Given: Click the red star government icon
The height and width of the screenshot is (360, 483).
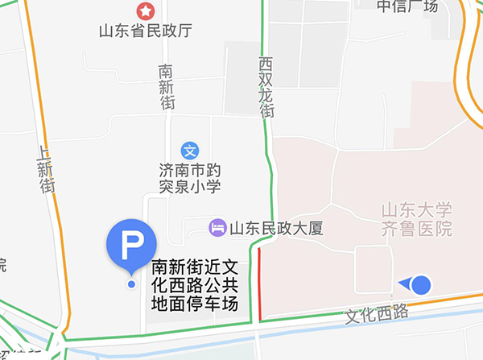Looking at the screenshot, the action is (146, 11).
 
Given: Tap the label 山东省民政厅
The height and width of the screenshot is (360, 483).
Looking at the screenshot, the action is (146, 32).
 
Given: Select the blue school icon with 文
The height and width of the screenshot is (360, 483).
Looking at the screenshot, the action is (190, 150).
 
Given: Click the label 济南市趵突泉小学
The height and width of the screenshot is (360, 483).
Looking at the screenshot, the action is (190, 179).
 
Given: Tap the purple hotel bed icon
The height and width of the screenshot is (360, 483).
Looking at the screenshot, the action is (217, 227).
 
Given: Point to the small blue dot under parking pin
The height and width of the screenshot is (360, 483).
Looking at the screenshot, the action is (131, 283).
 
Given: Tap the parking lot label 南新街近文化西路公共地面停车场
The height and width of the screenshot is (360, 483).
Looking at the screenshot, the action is (196, 285).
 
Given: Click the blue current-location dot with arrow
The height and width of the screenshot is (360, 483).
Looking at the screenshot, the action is (421, 283).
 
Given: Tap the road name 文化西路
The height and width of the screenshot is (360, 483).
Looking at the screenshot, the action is (376, 312).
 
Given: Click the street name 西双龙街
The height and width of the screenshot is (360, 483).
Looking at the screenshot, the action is (266, 87).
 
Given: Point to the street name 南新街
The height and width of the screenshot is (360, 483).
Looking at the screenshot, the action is (167, 87).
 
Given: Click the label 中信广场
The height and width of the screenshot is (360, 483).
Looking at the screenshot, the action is (407, 6).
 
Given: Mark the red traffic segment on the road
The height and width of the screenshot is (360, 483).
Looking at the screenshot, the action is (259, 282).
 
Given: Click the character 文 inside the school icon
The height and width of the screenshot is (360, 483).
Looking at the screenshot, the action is (190, 150).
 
